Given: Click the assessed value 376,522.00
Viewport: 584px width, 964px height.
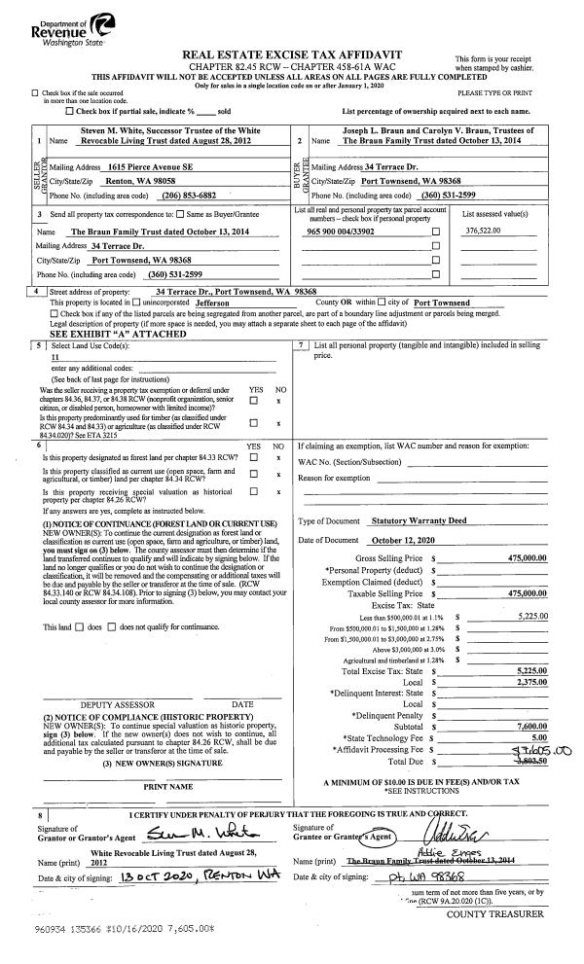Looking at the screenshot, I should pos(488,258).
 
